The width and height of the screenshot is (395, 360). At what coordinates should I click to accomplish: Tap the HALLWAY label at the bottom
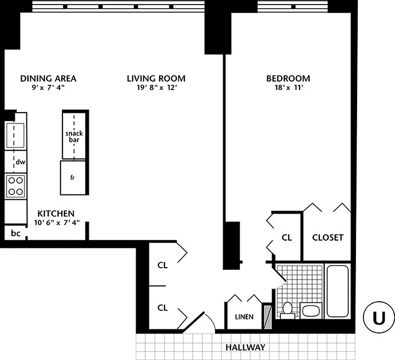pyautogui.click(x=245, y=347)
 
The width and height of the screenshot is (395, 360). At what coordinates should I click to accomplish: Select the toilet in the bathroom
pyautogui.click(x=287, y=310)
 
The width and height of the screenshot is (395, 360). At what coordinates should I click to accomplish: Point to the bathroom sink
pyautogui.click(x=311, y=310)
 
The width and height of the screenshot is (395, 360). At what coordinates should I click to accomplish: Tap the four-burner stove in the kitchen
pyautogui.click(x=15, y=185)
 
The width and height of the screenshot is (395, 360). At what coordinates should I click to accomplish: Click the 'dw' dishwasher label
pyautogui.click(x=20, y=162)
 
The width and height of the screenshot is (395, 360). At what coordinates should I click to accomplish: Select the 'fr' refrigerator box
pyautogui.click(x=72, y=177)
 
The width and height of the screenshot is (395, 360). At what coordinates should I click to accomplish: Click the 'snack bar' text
pyautogui.click(x=74, y=136)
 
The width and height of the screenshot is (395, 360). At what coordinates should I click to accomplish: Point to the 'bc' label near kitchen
pyautogui.click(x=15, y=233)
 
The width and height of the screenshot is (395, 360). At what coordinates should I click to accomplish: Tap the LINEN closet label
pyautogui.click(x=244, y=317)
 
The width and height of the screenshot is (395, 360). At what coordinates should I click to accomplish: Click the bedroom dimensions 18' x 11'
pyautogui.click(x=288, y=88)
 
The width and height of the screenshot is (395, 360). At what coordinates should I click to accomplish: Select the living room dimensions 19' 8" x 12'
pyautogui.click(x=156, y=88)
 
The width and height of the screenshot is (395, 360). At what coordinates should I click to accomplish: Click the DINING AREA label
pyautogui.click(x=48, y=78)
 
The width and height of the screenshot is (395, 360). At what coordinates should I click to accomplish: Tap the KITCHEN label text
pyautogui.click(x=56, y=213)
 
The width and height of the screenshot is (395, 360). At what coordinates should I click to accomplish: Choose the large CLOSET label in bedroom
pyautogui.click(x=327, y=237)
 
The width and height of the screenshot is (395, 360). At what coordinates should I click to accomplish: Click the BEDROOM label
pyautogui.click(x=288, y=78)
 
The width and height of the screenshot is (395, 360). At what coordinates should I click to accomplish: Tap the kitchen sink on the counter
pyautogui.click(x=14, y=134)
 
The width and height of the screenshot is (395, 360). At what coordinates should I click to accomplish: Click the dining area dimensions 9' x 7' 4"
pyautogui.click(x=48, y=88)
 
